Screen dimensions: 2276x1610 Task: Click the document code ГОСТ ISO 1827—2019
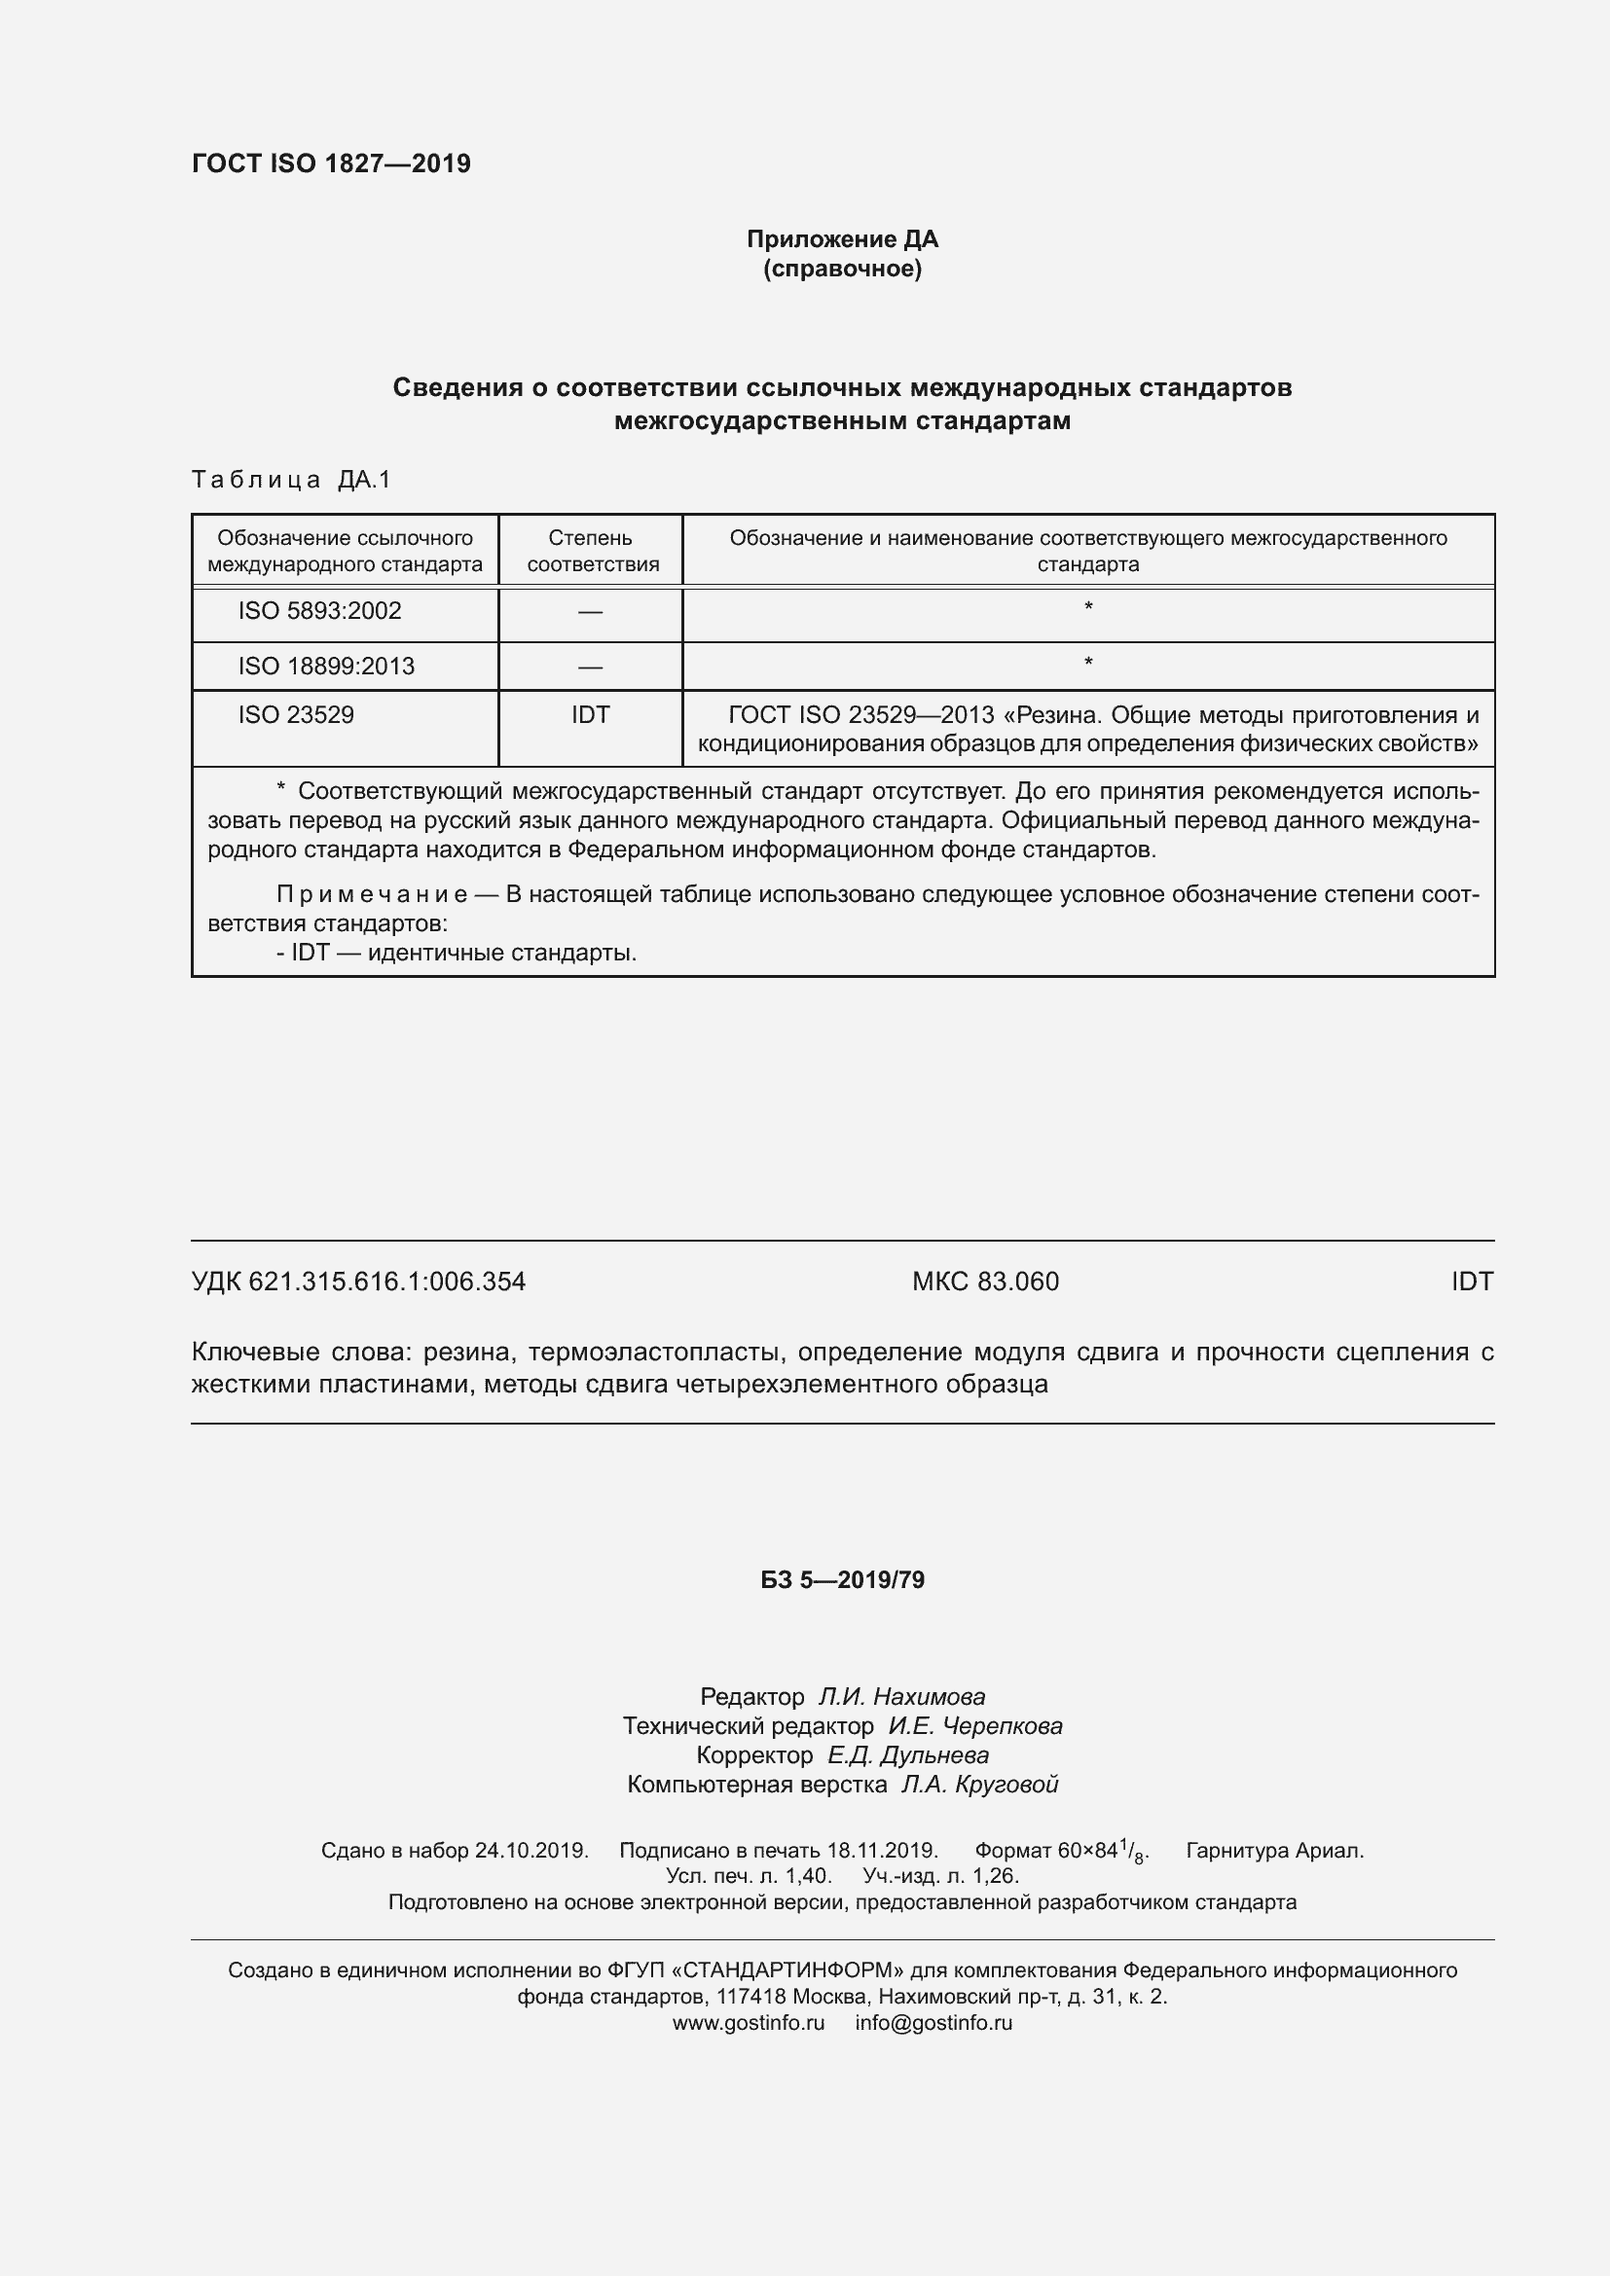331,163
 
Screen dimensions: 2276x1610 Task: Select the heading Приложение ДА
842,239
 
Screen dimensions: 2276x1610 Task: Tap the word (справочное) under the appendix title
842,269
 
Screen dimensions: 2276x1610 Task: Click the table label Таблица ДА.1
291,480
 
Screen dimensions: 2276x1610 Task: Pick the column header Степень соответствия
592,551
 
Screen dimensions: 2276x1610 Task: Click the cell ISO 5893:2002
319,611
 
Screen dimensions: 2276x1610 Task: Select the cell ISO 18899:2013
326,667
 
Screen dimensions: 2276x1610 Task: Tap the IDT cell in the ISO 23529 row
590,715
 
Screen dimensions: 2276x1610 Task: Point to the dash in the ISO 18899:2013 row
590,668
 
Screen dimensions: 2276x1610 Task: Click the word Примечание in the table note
372,894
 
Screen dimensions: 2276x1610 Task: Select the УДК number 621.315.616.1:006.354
386,1282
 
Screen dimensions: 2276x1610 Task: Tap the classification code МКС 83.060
985,1282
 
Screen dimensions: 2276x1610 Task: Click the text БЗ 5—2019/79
842,1580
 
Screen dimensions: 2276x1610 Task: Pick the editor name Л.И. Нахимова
901,1696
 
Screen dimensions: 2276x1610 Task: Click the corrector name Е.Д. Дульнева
907,1754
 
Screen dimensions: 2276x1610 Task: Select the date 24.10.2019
531,1850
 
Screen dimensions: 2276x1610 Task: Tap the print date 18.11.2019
881,1850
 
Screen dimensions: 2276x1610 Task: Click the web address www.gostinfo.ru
749,2023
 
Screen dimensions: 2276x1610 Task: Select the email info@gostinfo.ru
933,2023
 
